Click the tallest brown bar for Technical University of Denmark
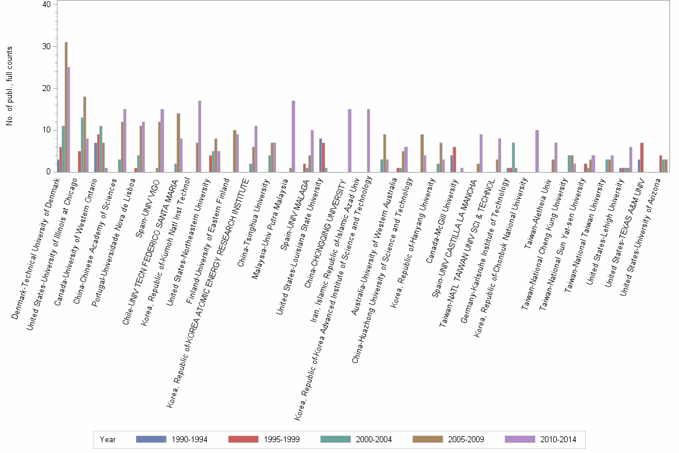click(66, 107)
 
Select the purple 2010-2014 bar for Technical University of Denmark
click(69, 120)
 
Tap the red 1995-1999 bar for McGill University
click(454, 159)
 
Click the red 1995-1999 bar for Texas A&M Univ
click(642, 158)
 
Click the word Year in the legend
click(108, 440)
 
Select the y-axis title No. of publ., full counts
click(10, 87)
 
